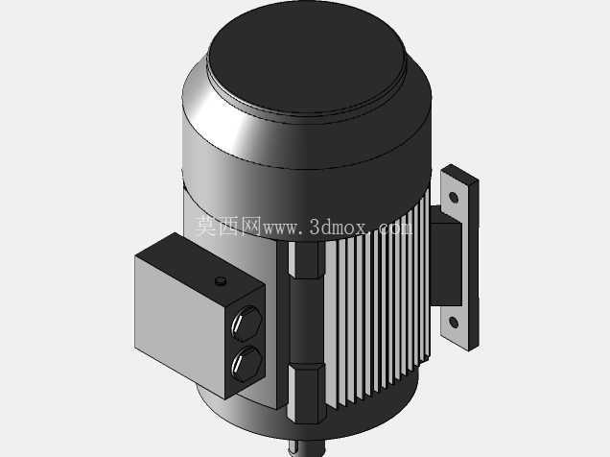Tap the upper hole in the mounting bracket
454,197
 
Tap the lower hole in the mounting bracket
454,322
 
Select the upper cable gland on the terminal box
246,324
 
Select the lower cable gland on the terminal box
246,365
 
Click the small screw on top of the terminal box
221,280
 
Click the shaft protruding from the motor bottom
307,448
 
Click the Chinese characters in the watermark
226,227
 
